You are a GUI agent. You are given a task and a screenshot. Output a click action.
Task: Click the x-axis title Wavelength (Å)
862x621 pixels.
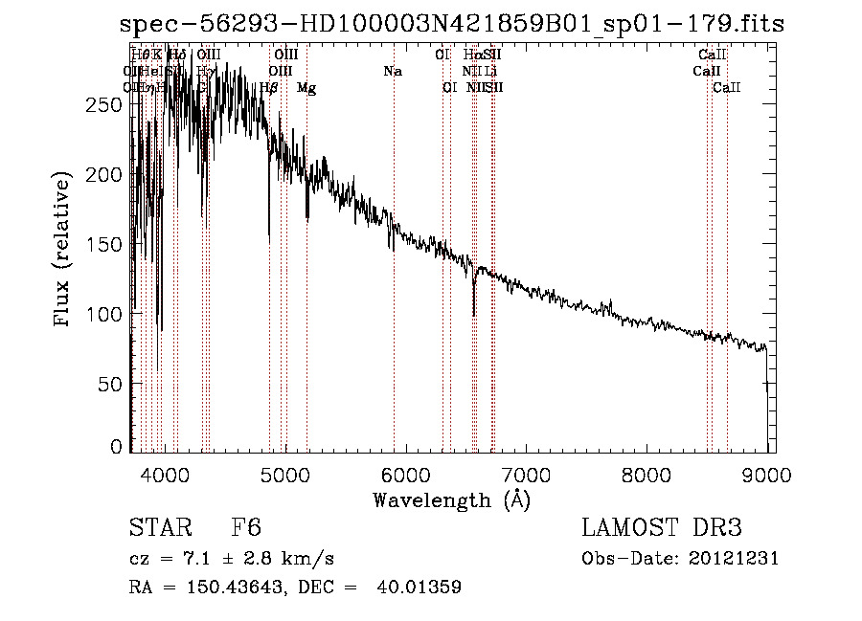(x=451, y=499)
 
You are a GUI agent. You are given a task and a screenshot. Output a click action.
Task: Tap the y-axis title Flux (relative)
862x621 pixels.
(x=64, y=250)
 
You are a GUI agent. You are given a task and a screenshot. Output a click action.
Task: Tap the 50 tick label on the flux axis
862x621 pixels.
(x=111, y=384)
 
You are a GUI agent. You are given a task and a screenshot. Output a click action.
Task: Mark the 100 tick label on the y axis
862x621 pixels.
(x=104, y=314)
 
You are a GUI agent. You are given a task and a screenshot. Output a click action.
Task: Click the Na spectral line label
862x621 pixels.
(x=392, y=71)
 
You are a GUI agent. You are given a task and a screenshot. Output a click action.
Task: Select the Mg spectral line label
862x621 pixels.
(x=306, y=88)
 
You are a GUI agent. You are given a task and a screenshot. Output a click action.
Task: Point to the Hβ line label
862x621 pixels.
(x=269, y=88)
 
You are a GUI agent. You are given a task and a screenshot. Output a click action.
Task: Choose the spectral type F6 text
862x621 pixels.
(x=246, y=528)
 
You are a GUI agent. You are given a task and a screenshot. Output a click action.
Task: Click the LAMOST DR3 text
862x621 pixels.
(x=662, y=528)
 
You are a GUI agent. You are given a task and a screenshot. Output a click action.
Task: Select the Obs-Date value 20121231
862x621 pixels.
(x=735, y=559)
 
